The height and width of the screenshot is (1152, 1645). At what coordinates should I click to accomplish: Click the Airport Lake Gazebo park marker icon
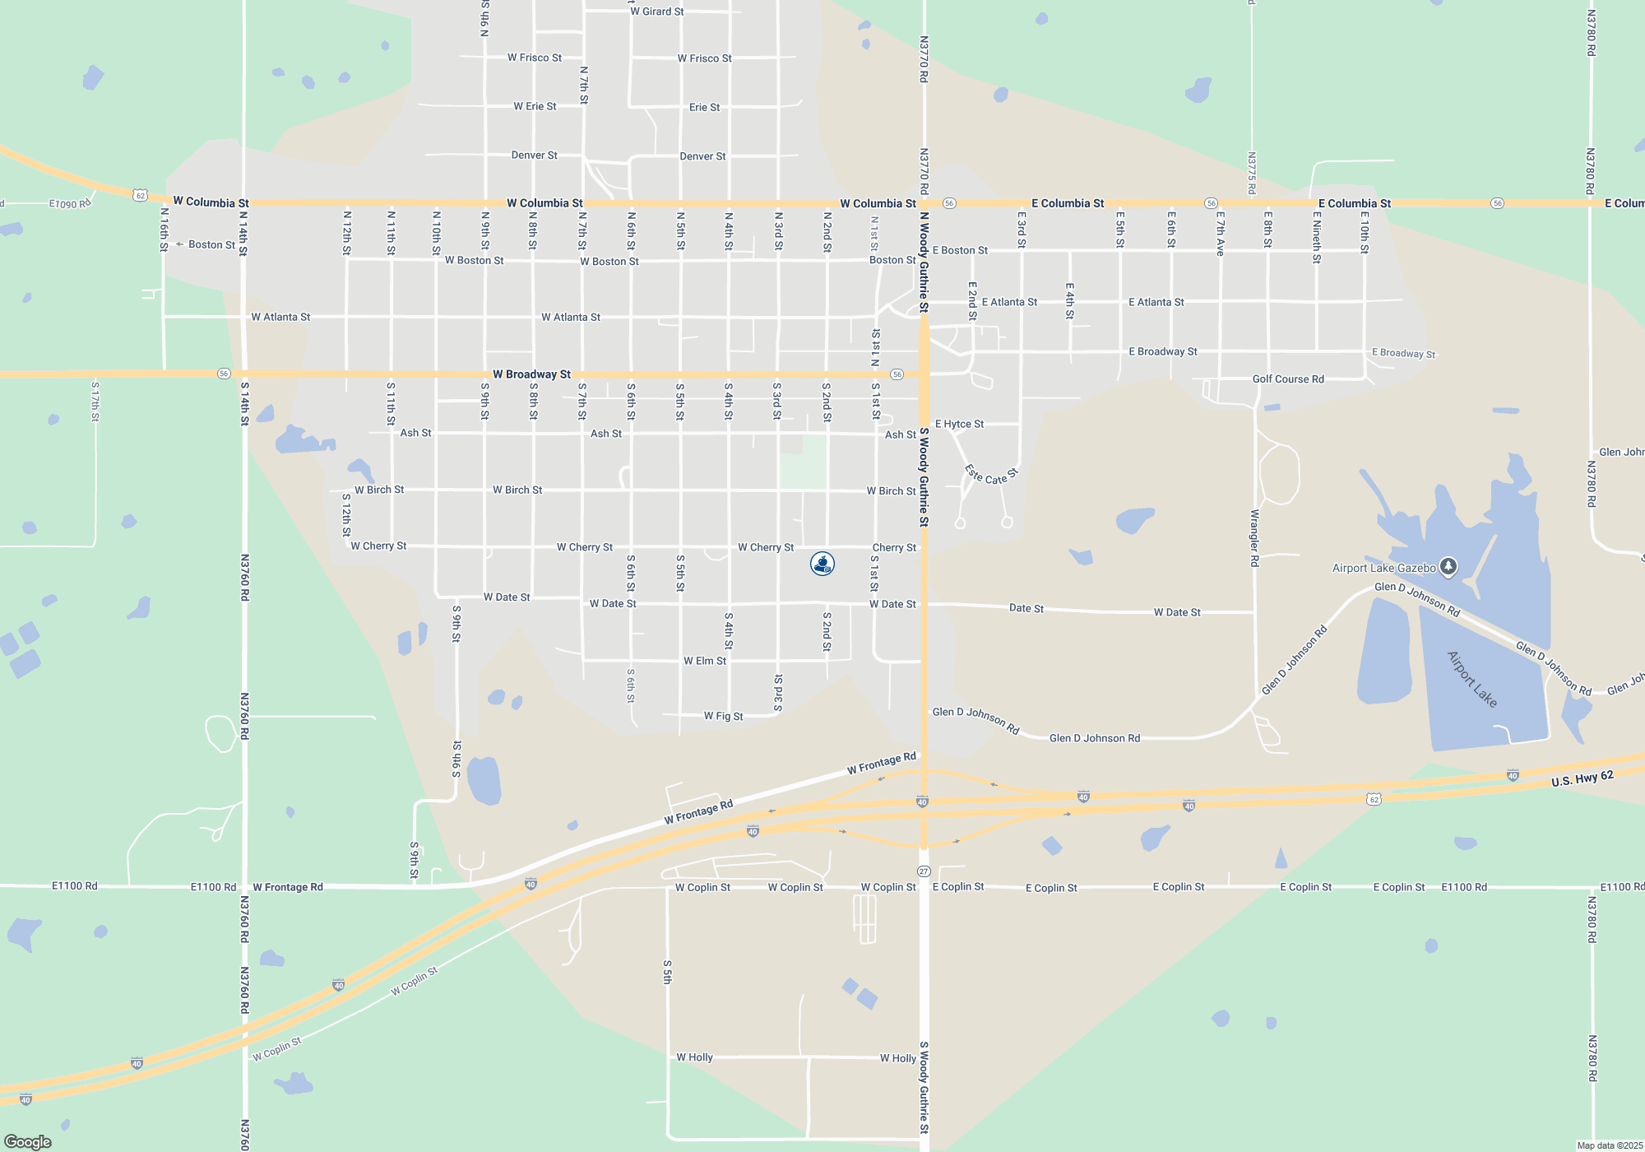[1448, 566]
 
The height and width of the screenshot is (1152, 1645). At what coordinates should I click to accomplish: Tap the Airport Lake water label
[1471, 679]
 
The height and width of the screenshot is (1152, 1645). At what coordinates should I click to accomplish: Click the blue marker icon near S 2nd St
[822, 564]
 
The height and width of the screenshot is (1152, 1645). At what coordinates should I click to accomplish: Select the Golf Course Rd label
[1288, 379]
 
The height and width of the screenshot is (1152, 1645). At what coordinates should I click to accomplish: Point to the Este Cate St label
[991, 476]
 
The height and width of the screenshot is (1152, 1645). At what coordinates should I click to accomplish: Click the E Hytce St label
[959, 425]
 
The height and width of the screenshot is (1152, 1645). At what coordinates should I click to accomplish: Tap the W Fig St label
[723, 717]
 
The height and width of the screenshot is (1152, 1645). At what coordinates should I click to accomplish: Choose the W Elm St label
[705, 661]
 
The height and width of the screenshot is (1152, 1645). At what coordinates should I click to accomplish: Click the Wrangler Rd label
[1254, 537]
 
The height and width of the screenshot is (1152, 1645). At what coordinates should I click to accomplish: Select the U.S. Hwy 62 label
[1582, 778]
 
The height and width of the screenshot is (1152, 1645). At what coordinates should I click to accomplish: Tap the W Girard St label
[656, 12]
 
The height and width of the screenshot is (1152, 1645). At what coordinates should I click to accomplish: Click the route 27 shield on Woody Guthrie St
[924, 871]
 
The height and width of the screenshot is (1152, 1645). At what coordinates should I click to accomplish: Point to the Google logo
[28, 1142]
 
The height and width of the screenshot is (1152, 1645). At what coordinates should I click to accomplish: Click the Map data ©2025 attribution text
[1609, 1145]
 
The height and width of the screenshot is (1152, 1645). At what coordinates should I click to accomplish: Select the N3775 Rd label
[1251, 173]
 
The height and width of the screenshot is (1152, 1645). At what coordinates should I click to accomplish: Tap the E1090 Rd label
[69, 204]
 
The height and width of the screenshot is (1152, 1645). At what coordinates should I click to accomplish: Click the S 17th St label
[95, 402]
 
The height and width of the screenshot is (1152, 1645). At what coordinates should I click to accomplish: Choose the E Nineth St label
[1317, 238]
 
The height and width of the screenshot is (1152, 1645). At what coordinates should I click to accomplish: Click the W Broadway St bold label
[531, 374]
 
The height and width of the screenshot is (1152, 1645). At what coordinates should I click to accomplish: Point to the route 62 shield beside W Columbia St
[141, 196]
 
